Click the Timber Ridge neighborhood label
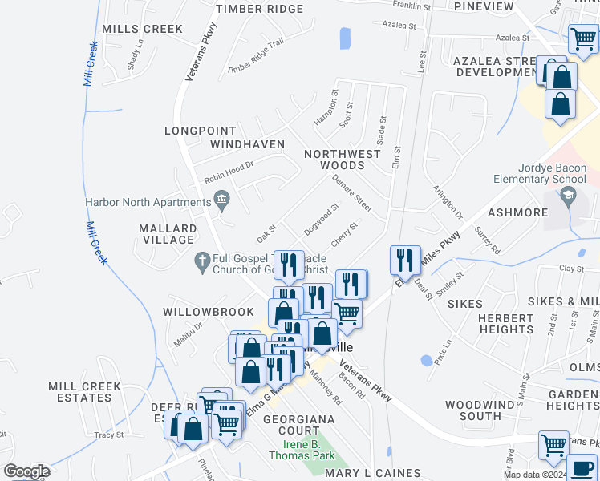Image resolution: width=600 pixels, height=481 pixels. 260,9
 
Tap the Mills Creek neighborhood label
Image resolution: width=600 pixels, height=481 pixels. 143,29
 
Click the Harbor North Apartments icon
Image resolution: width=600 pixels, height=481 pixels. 221,200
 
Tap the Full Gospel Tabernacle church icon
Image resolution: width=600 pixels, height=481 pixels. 201,261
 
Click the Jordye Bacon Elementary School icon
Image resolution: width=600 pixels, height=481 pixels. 568,195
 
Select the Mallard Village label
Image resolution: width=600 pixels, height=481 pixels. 166,233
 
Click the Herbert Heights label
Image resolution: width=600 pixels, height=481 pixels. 505,324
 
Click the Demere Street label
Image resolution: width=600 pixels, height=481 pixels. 352,193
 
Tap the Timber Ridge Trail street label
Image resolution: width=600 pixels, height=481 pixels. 256,57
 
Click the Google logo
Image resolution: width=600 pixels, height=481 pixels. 26,471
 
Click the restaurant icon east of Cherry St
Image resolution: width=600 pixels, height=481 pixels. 404,260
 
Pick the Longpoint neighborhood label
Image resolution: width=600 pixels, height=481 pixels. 201,131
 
